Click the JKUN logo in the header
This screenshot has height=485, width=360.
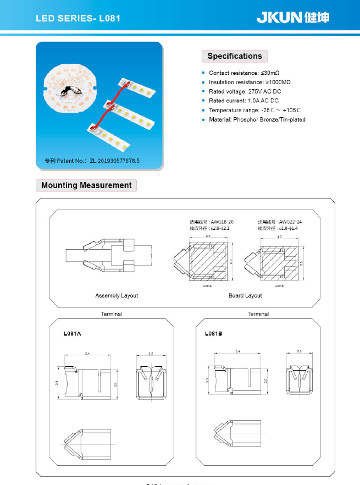pos(292,18)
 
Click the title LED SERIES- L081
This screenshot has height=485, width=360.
pos(77,18)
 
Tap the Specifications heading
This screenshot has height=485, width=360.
pos(235,56)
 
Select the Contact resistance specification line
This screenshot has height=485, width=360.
pos(244,73)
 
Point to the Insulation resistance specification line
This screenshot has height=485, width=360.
pos(250,82)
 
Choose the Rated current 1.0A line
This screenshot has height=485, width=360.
pos(243,101)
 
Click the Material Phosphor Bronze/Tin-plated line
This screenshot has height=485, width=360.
pos(257,119)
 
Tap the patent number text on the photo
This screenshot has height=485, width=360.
pos(92,161)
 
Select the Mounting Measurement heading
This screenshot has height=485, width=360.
pos(86,185)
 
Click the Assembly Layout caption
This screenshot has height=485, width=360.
pos(117,296)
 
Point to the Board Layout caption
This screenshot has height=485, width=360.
pos(245,296)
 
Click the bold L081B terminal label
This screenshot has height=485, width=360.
pos(213,334)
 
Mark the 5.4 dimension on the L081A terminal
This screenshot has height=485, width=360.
pos(87,353)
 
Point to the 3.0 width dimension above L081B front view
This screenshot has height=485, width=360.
pos(299,351)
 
